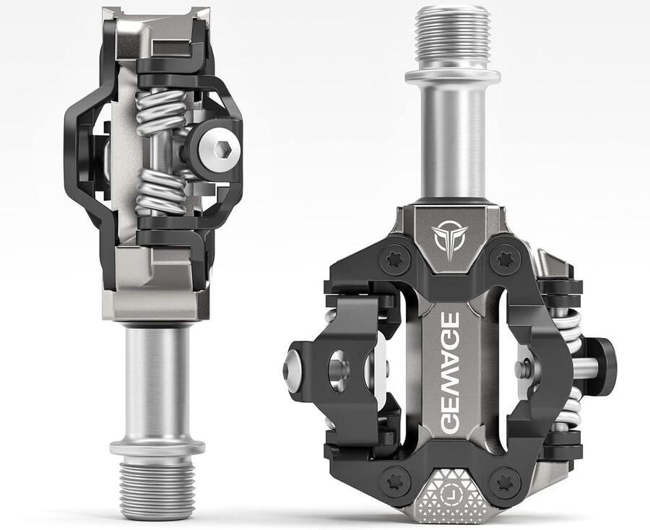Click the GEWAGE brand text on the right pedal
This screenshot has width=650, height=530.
coord(449,373)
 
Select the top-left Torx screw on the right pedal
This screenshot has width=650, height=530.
coord(394,260)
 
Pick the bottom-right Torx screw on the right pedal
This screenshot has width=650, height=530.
coord(505,482)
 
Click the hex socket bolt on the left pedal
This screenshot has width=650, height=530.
coord(220,149)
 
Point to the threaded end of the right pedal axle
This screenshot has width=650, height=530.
coord(453,38)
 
